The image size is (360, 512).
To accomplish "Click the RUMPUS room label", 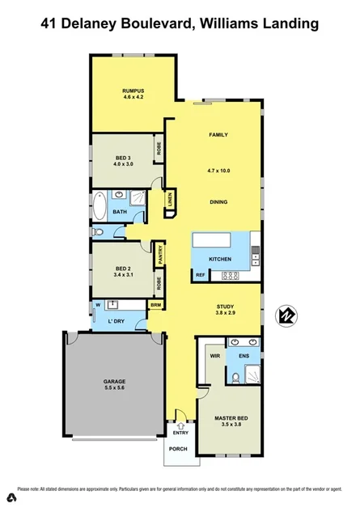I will click(x=133, y=90).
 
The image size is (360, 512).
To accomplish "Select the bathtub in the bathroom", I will click(x=99, y=207).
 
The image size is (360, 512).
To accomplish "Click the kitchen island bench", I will click(x=220, y=240).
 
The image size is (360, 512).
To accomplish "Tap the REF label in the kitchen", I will click(x=200, y=276).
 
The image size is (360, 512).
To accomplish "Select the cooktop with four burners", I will click(x=230, y=276).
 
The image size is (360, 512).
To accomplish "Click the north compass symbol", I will click(x=286, y=315).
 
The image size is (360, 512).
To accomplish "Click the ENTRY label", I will click(x=180, y=432).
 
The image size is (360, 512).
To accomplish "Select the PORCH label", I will click(x=179, y=450).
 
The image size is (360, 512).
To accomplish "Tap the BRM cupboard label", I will click(x=157, y=305).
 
